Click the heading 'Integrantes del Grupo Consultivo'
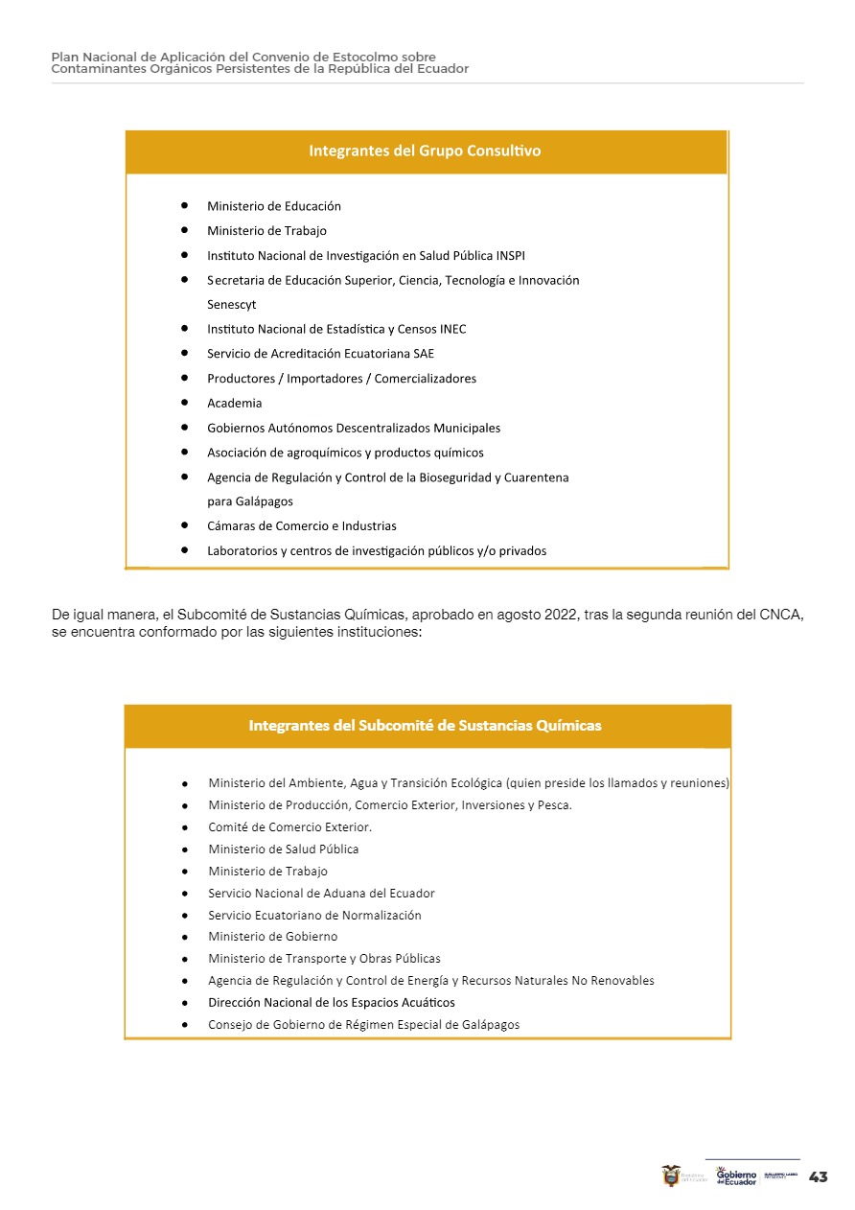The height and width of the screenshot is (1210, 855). [x=425, y=151]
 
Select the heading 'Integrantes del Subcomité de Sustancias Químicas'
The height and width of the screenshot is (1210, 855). [x=425, y=726]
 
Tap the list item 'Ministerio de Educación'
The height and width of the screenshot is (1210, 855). [x=274, y=206]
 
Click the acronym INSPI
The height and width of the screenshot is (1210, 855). [x=511, y=256]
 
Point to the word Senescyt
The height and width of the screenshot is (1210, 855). [x=232, y=305]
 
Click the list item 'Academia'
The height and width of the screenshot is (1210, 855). [x=235, y=404]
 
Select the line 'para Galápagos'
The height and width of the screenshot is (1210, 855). [x=250, y=501]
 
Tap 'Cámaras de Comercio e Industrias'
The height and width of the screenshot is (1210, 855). [x=302, y=526]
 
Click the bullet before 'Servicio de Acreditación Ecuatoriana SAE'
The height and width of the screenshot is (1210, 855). [x=183, y=354]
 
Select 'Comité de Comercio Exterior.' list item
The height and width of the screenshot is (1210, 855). [x=290, y=827]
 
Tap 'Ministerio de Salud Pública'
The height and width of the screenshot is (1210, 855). [x=284, y=849]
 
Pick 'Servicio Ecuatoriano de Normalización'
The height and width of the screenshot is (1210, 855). [x=314, y=916]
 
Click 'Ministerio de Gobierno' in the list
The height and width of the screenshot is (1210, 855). [x=273, y=937]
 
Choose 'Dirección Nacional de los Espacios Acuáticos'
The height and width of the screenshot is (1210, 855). [x=332, y=1003]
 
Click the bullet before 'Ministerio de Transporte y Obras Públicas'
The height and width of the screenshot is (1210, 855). [x=184, y=959]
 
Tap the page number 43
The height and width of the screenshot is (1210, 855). [x=819, y=1177]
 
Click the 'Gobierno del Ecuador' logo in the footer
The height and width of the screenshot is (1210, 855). [x=736, y=1176]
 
